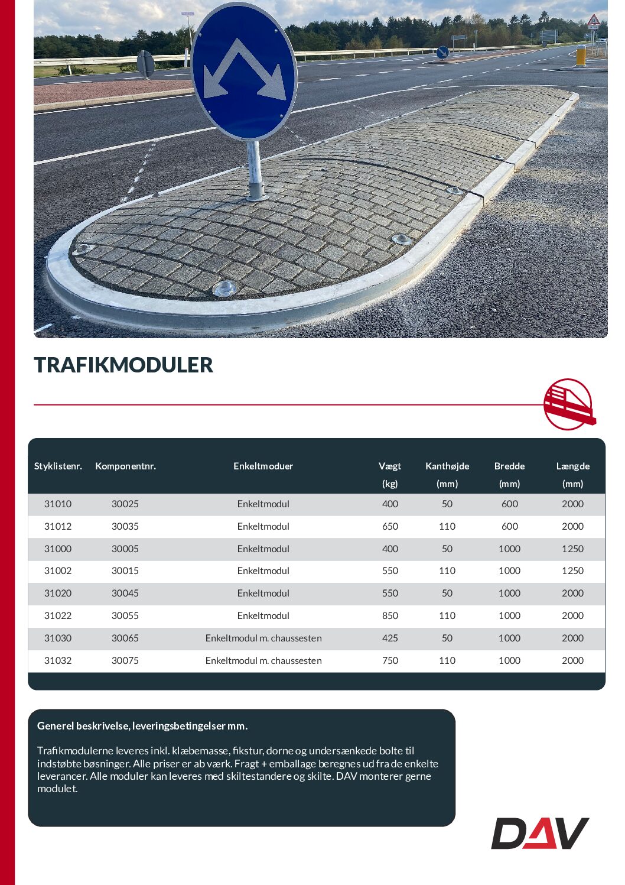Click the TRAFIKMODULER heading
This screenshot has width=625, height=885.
pos(123,365)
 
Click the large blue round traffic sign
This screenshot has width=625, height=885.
pos(244,73)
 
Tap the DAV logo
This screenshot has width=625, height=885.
pos(539,833)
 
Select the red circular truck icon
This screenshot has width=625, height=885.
pos(568,404)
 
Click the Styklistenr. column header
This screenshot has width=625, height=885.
pos(58,466)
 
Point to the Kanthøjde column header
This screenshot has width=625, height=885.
pos(447,466)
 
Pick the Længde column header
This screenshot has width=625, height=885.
pos(572,466)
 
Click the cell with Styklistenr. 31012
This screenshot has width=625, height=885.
pos(58,526)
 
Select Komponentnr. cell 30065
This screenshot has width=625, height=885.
pos(125,638)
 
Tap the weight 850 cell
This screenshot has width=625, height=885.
pos(390,615)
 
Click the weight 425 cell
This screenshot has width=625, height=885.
pos(390,638)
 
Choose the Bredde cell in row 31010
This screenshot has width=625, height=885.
pos(509,504)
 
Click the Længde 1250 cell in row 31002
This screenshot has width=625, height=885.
pos(572,570)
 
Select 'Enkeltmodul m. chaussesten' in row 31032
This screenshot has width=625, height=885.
pos(263,660)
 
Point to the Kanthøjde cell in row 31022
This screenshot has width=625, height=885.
pos(447,615)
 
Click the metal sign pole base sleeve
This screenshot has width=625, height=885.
pos(256,190)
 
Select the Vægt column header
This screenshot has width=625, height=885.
pos(390,466)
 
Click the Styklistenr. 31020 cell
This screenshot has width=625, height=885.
pos(58,593)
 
